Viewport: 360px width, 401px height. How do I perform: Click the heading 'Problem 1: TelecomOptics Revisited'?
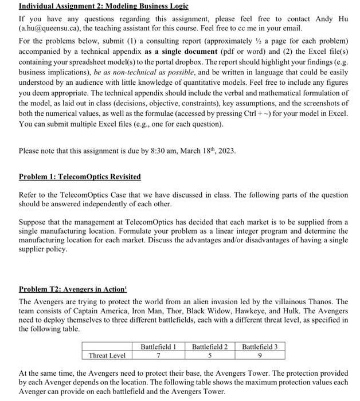pos(80,176)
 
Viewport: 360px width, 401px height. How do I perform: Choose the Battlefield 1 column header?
pos(158,347)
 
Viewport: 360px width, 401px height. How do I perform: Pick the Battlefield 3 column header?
pos(260,347)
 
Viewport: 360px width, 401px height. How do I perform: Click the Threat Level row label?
pos(107,356)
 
